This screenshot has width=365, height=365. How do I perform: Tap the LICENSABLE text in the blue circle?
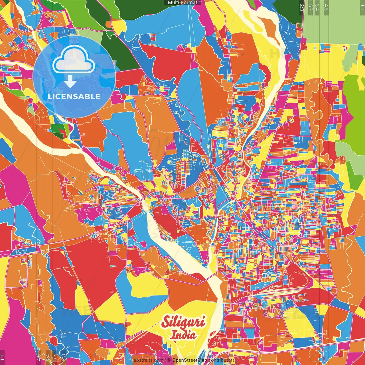coord(74,96)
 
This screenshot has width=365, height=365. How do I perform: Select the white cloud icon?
coord(74,59)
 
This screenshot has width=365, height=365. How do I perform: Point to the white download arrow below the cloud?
coord(70,82)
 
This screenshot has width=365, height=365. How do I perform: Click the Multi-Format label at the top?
coord(182,3)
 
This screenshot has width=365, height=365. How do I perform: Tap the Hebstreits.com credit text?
coord(147,360)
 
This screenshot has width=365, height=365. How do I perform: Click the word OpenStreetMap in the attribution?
coord(190,360)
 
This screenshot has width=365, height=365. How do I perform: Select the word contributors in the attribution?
coord(221,360)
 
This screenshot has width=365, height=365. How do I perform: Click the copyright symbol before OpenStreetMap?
coord(169,360)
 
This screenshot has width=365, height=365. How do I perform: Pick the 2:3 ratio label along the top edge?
coord(302,7)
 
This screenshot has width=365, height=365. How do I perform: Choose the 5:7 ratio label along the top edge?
coord(310,7)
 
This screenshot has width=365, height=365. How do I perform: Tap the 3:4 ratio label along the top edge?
coord(317,7)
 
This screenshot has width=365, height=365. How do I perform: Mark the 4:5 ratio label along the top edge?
coord(326,7)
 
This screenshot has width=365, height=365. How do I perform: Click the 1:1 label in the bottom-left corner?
coord(3,358)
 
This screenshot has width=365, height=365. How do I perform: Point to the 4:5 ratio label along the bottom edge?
coord(39,357)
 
